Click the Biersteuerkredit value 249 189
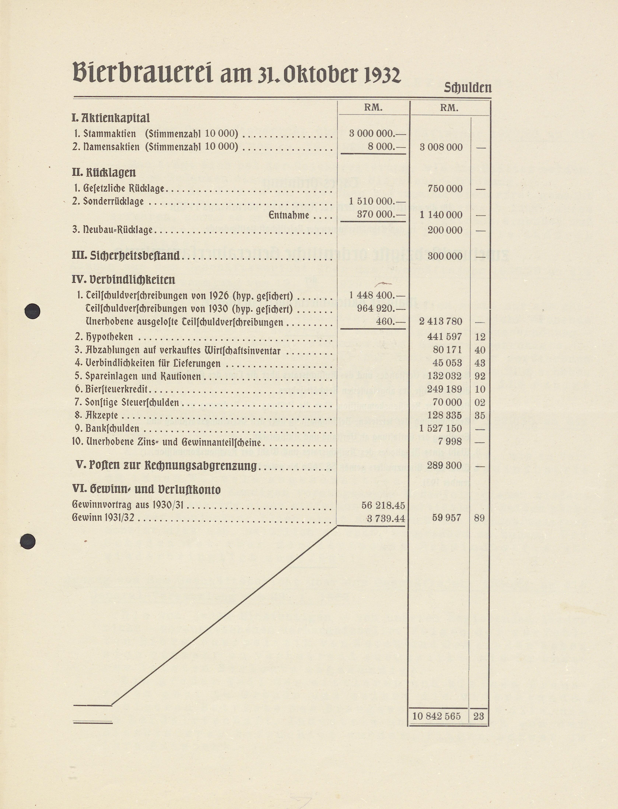pos(444,389)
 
